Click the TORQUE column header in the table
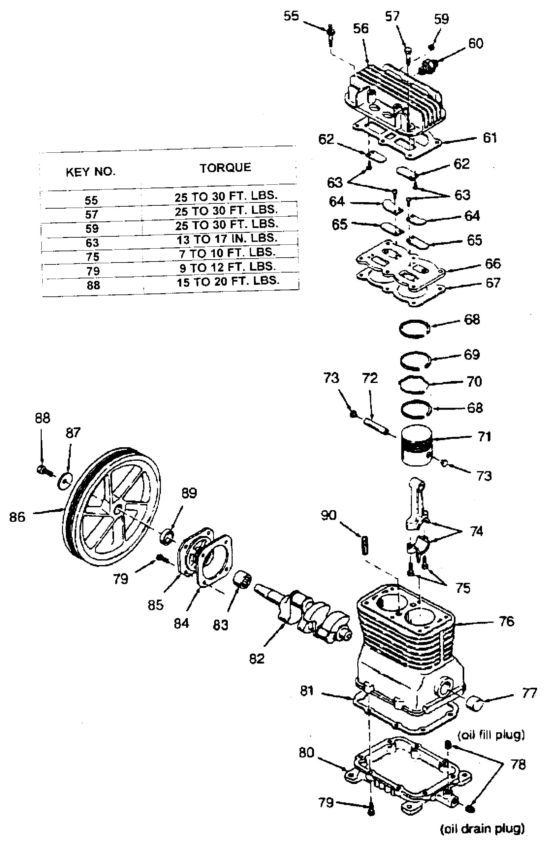pos(225,168)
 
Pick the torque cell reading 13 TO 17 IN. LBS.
pos(226,239)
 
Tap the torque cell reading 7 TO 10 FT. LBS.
pos(227,253)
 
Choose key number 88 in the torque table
pos(93,285)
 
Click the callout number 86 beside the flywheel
pos(17,517)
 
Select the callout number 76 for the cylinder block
pos(506,621)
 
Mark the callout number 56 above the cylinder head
pos(361,29)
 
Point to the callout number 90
pos(328,515)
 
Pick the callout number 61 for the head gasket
pos(490,138)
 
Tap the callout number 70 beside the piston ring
pos(474,382)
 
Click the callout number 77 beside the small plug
pos(529,694)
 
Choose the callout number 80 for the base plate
pos(306,753)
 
